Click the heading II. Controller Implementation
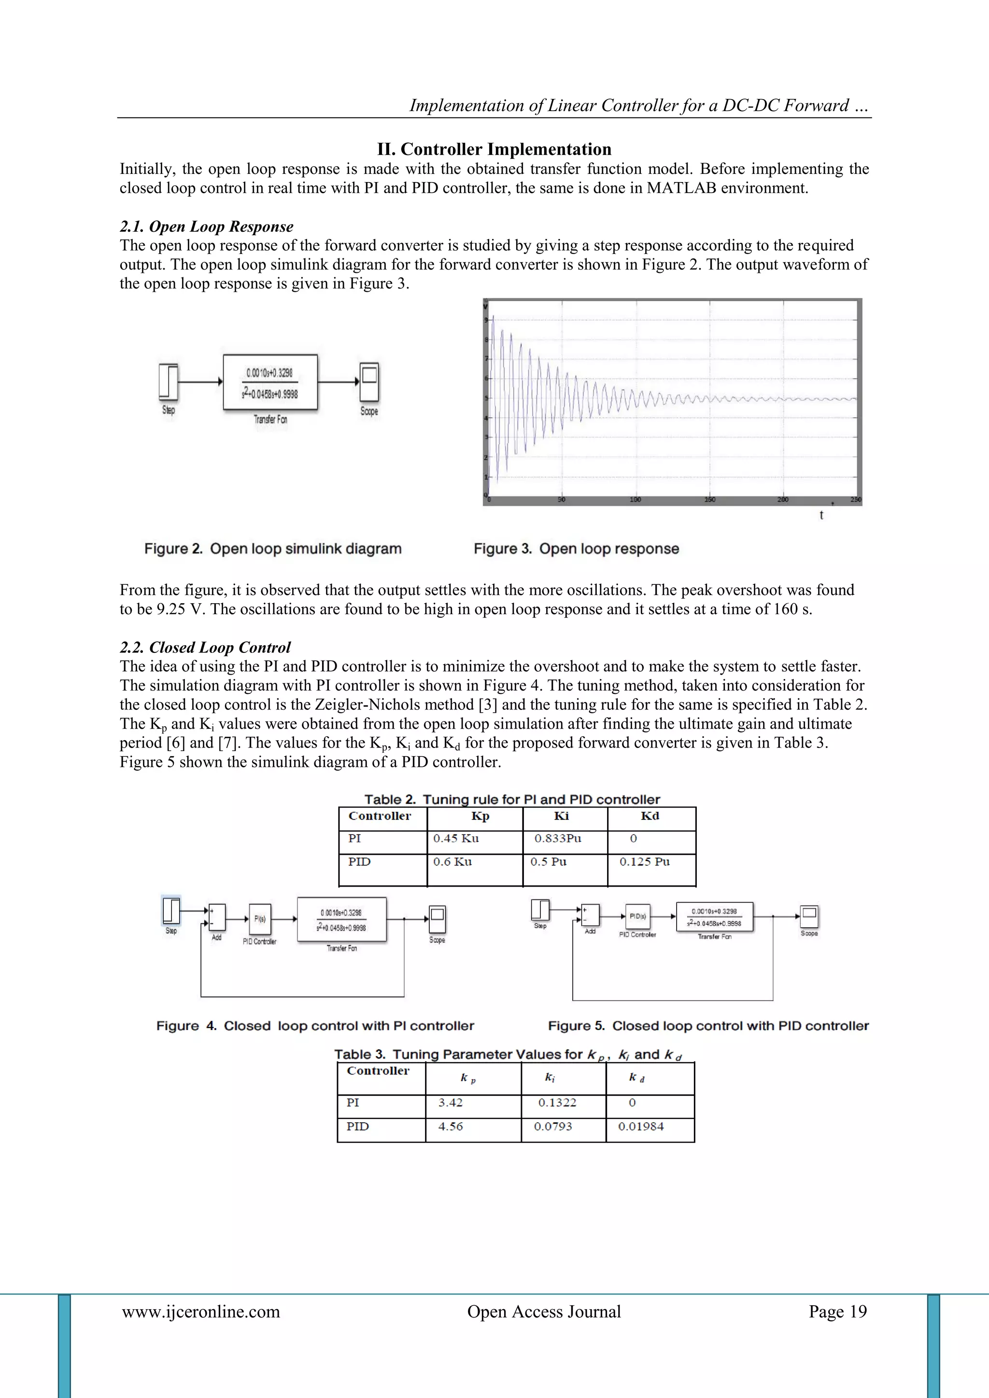(x=494, y=149)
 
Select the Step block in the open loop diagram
(x=169, y=381)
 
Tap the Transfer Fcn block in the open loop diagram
(x=270, y=382)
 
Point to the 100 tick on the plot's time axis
(x=635, y=499)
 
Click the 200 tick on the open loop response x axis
(x=783, y=499)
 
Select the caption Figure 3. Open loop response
(x=576, y=549)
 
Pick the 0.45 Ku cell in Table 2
(x=456, y=838)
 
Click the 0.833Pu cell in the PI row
(x=558, y=838)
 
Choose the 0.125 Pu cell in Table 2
(x=644, y=861)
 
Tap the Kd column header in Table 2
(x=650, y=816)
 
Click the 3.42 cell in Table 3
(x=451, y=1102)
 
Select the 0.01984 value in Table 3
(x=641, y=1127)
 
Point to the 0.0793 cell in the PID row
(x=553, y=1127)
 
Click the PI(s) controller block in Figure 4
(x=260, y=919)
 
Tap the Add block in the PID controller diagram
(x=590, y=915)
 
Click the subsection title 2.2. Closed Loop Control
(x=205, y=647)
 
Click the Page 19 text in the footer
(x=837, y=1312)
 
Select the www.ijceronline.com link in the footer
(x=201, y=1312)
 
